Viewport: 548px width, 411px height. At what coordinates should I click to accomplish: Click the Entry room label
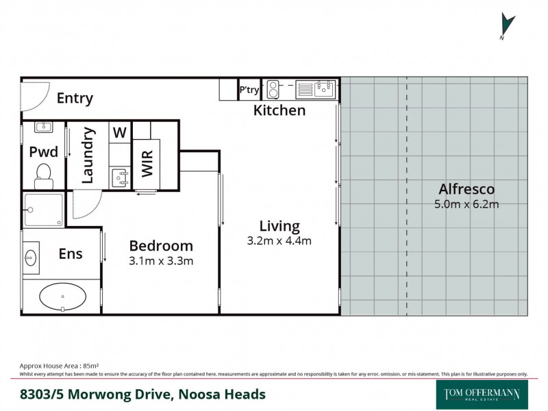(x=75, y=99)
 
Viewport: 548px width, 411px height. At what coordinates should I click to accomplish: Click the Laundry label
(x=88, y=155)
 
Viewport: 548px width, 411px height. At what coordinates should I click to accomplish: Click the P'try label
(x=248, y=90)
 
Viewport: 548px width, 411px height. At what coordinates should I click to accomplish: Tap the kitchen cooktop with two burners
(x=273, y=89)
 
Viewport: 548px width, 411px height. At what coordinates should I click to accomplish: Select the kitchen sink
(x=324, y=89)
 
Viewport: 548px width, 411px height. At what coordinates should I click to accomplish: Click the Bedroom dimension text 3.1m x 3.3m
(x=161, y=261)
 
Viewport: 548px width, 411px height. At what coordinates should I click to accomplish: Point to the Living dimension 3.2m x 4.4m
(x=279, y=241)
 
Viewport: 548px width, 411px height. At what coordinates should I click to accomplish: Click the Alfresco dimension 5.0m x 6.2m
(x=466, y=204)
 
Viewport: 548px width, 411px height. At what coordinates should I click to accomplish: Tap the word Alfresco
(x=466, y=189)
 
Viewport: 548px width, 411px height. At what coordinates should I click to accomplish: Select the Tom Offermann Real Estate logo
(x=482, y=395)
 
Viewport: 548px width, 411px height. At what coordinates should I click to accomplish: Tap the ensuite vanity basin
(x=31, y=258)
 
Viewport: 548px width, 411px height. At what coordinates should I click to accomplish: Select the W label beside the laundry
(x=119, y=133)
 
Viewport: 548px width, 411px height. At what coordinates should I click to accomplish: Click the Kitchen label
(x=279, y=110)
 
